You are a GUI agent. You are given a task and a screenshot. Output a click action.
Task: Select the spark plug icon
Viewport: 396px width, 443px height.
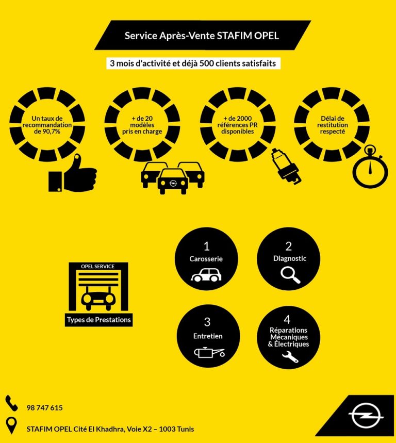pos(286,166)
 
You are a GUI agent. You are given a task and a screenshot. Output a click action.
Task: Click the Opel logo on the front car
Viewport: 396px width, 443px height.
pos(173,183)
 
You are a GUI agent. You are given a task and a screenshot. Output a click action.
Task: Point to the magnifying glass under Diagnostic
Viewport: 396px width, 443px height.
pos(290,274)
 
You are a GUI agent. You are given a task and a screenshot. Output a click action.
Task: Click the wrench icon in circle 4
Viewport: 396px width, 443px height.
pos(290,356)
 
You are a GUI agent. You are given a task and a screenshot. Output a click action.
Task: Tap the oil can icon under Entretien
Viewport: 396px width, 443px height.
pos(209,352)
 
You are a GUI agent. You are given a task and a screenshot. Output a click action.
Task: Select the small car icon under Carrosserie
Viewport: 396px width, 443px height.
pos(206,274)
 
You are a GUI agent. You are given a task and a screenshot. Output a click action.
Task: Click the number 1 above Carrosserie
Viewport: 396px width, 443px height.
pos(206,247)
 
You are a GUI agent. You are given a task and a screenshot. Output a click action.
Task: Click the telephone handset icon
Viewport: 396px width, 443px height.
pos(11,403)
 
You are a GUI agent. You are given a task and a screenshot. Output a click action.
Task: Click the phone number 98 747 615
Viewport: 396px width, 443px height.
pos(45,408)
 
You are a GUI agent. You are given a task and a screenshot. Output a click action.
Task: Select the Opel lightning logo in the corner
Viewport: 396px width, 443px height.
pos(366,415)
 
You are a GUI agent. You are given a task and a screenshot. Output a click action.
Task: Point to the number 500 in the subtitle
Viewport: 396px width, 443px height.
pos(206,63)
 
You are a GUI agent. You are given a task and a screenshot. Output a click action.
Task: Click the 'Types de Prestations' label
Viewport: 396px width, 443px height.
pos(99,320)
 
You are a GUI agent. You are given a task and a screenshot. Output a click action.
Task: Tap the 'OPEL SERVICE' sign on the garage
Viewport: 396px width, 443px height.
pos(98,267)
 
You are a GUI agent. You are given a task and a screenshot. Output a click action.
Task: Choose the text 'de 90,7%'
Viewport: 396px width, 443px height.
pos(47,132)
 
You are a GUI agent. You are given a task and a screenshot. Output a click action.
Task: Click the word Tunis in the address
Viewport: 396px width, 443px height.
pos(185,429)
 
